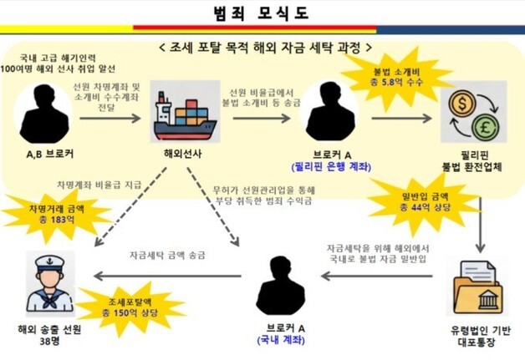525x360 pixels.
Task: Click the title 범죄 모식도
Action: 262,13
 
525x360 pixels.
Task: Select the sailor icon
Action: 48,286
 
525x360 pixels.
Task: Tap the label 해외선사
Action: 179,155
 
